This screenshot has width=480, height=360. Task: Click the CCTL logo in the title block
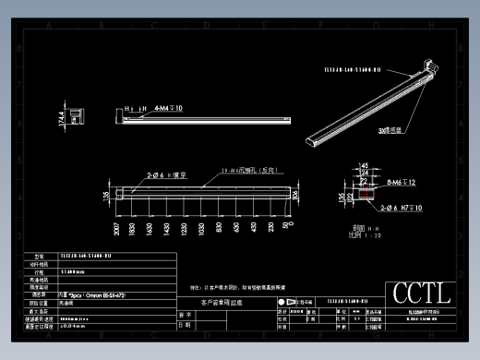(421, 293)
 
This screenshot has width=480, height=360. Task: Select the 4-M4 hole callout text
(168, 108)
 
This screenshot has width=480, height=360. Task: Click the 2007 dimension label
(117, 229)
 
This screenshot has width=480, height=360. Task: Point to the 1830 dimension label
(133, 229)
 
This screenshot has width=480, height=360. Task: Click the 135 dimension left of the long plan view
(105, 195)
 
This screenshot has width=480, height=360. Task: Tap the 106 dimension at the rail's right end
(295, 194)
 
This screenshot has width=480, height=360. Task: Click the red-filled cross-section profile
(366, 194)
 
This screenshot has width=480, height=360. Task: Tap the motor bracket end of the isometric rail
(430, 66)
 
